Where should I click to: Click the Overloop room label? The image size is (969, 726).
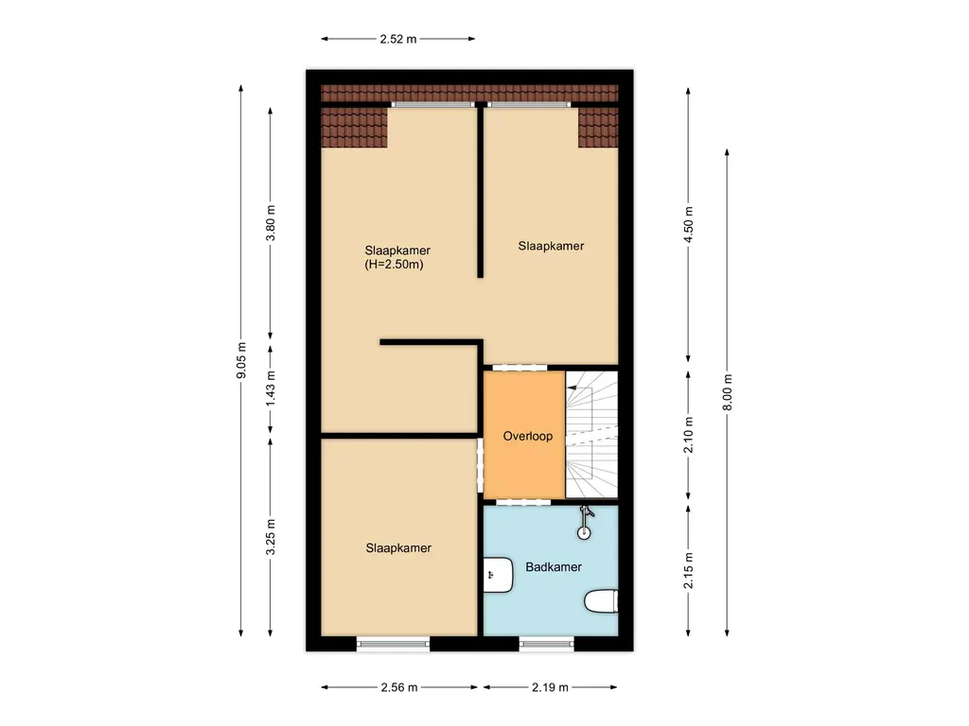tap(528, 437)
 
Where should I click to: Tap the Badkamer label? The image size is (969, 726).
tap(554, 567)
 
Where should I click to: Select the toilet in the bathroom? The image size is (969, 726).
tap(601, 601)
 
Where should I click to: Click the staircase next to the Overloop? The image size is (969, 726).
tap(591, 434)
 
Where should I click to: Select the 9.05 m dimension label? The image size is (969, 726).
tap(241, 360)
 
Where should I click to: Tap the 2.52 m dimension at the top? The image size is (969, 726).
tap(397, 40)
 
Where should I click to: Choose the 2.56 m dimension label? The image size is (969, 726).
tap(398, 687)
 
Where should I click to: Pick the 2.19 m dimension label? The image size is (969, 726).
tap(550, 687)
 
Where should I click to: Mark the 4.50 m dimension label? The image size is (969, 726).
tap(688, 225)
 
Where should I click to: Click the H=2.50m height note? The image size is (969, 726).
tap(393, 266)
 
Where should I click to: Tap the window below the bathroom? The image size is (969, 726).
tap(546, 644)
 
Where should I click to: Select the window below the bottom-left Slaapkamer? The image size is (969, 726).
tap(393, 644)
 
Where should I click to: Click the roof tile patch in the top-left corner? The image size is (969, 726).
tap(355, 128)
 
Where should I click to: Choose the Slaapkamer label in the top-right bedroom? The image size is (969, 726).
tap(551, 246)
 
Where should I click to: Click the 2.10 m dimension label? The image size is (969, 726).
tap(688, 435)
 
